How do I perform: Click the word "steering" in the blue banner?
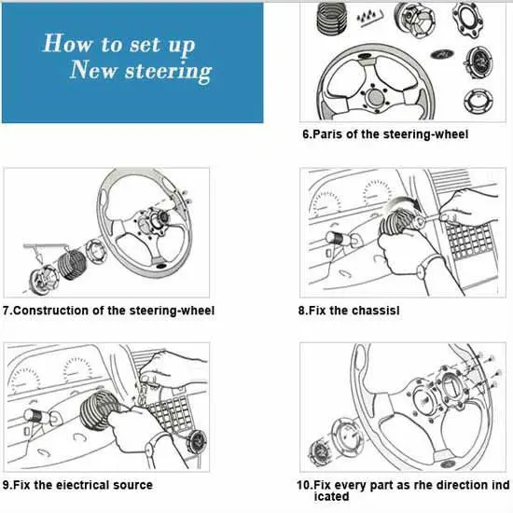(x=168, y=71)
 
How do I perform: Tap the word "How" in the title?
(x=67, y=43)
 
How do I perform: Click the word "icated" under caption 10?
(x=331, y=496)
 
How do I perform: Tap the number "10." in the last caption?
(x=305, y=484)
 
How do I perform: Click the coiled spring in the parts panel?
(x=332, y=18)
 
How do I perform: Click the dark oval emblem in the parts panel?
(x=442, y=54)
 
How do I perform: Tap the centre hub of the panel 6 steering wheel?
(x=375, y=96)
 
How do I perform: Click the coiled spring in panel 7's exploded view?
(x=72, y=264)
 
